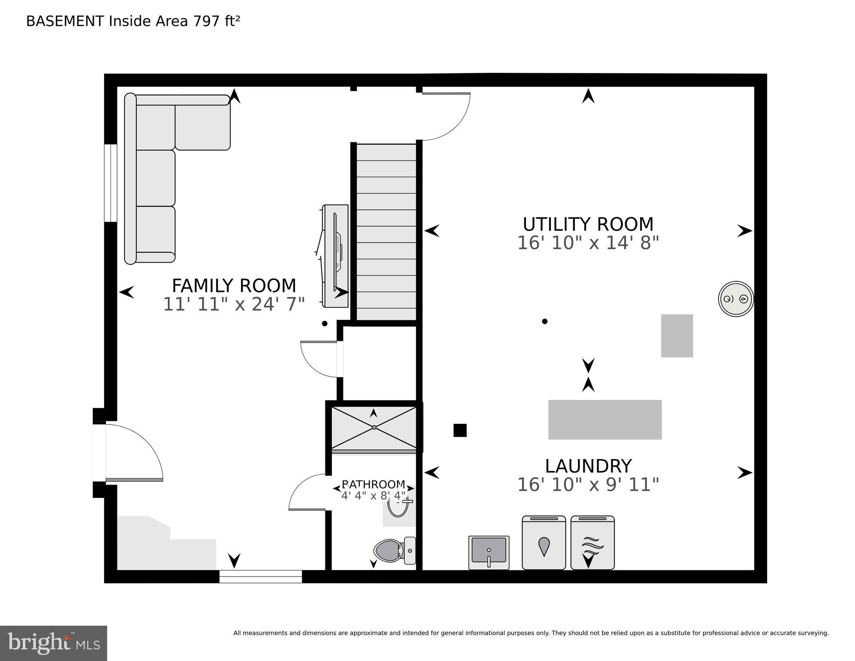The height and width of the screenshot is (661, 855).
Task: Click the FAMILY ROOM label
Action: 234,286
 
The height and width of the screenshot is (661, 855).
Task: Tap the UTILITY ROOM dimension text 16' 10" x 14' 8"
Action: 588,243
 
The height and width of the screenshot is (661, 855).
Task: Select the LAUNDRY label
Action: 588,466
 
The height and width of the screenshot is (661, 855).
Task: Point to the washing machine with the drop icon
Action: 543,543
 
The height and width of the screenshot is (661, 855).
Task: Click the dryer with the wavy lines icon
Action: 592,543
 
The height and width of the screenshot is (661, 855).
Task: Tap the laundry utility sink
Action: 488,552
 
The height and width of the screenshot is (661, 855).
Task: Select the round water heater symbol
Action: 735,299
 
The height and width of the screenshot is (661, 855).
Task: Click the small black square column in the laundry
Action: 460,430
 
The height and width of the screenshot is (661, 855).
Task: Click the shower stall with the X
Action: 373,428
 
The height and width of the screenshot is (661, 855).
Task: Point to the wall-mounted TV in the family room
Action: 336,256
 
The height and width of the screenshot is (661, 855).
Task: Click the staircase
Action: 386,233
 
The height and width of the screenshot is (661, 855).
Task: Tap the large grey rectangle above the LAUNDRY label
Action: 605,419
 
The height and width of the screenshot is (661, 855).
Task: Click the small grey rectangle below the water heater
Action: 676,335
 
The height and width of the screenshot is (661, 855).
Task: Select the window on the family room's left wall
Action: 111,183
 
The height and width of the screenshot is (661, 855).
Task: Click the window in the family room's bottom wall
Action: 260,576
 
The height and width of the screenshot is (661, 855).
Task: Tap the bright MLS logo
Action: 53,643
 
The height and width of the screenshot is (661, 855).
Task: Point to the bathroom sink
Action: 398,507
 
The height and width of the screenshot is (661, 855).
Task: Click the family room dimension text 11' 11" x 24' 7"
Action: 234,304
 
